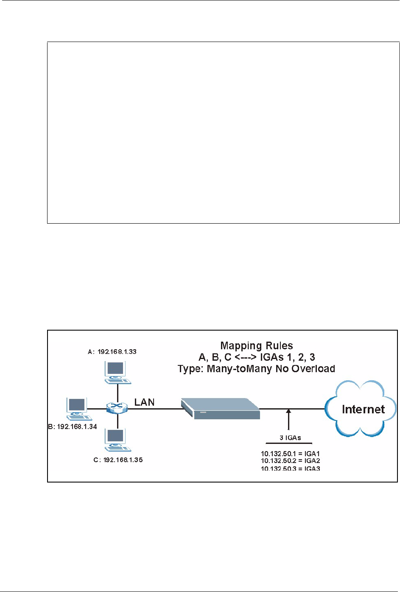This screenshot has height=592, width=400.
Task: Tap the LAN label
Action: coord(145,402)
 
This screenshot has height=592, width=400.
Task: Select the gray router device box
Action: coord(220,408)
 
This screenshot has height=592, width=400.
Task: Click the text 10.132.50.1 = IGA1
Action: coord(290,454)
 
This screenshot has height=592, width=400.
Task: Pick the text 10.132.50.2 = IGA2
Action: coord(290,460)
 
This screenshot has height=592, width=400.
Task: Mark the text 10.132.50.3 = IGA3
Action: coord(290,468)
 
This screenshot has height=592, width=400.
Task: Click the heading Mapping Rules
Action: coord(257,346)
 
